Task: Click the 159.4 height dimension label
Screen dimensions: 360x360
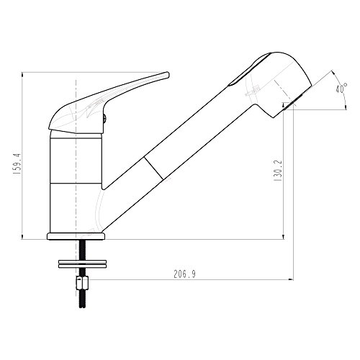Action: click(17, 164)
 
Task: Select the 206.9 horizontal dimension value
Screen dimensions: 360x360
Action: click(184, 274)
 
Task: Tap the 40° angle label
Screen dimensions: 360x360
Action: click(341, 88)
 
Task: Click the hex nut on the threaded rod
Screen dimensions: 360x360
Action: click(82, 283)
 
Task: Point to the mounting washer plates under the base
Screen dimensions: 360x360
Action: click(82, 264)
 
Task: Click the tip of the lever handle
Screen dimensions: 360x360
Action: click(168, 74)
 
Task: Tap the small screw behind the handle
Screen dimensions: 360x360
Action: click(104, 118)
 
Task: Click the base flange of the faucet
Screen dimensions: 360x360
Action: click(76, 236)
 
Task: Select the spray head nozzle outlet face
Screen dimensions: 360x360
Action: click(292, 103)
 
